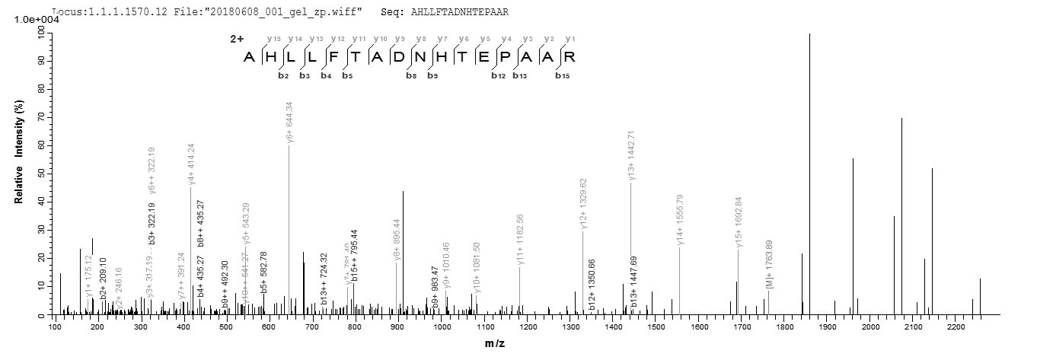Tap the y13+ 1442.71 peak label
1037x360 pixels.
click(631, 155)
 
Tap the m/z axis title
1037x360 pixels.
click(494, 344)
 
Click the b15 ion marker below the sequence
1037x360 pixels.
click(563, 75)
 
